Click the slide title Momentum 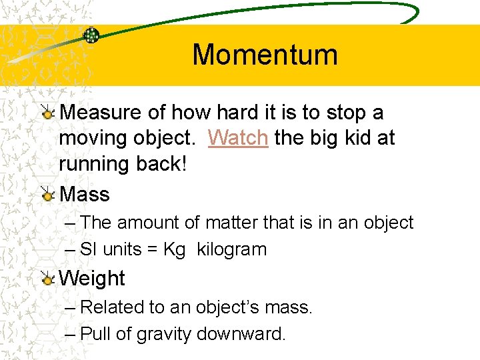pyautogui.click(x=265, y=55)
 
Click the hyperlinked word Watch pyautogui.click(x=238, y=138)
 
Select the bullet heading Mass pyautogui.click(x=85, y=194)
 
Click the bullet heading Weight pyautogui.click(x=92, y=278)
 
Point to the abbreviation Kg pyautogui.click(x=174, y=250)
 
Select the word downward pyautogui.click(x=243, y=333)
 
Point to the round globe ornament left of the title pyautogui.click(x=91, y=35)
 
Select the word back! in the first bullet pyautogui.click(x=161, y=163)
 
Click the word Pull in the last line pyautogui.click(x=95, y=333)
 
